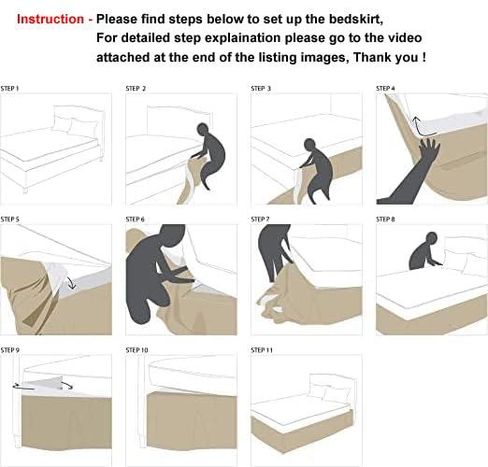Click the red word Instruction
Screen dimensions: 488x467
click(x=50, y=20)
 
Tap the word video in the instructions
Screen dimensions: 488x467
click(x=405, y=37)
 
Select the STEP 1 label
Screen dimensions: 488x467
click(x=9, y=89)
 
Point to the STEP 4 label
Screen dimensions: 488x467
click(x=385, y=89)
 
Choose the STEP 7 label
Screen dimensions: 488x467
click(x=260, y=219)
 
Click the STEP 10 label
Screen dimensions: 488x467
click(x=136, y=350)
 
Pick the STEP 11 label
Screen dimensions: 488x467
click(x=262, y=350)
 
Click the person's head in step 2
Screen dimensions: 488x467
click(x=203, y=129)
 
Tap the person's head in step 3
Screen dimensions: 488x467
click(x=309, y=144)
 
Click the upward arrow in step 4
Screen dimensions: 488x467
click(x=421, y=127)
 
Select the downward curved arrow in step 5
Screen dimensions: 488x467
click(x=71, y=282)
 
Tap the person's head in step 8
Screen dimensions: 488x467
click(x=431, y=238)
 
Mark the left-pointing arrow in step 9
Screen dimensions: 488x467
click(x=23, y=387)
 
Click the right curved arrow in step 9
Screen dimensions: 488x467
click(x=68, y=385)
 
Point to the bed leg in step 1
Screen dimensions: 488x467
click(x=25, y=190)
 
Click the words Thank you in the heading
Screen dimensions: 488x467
click(x=386, y=57)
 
